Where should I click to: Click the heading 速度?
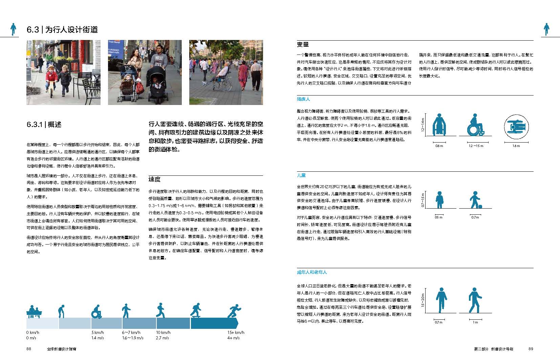pyautogui.click(x=154, y=179)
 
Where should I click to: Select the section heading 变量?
pyautogui.click(x=303, y=45)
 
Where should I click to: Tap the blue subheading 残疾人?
pyautogui.click(x=303, y=99)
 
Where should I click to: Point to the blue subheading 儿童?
pyautogui.click(x=301, y=175)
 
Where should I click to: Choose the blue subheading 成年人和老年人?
pyautogui.click(x=312, y=272)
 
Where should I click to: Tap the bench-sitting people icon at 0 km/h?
pyautogui.click(x=34, y=312)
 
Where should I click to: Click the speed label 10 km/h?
pyautogui.click(x=163, y=333)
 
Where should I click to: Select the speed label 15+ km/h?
pyautogui.click(x=236, y=333)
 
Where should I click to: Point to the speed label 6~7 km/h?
pyautogui.click(x=131, y=333)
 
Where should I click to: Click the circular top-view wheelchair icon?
pyautogui.click(x=516, y=127)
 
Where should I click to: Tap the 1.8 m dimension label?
pyautogui.click(x=516, y=146)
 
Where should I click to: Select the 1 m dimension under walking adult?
pyautogui.click(x=475, y=322)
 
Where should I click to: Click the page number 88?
pyautogui.click(x=29, y=349)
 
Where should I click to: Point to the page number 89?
pyautogui.click(x=531, y=349)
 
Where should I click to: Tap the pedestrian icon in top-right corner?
pyautogui.click(x=546, y=29)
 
